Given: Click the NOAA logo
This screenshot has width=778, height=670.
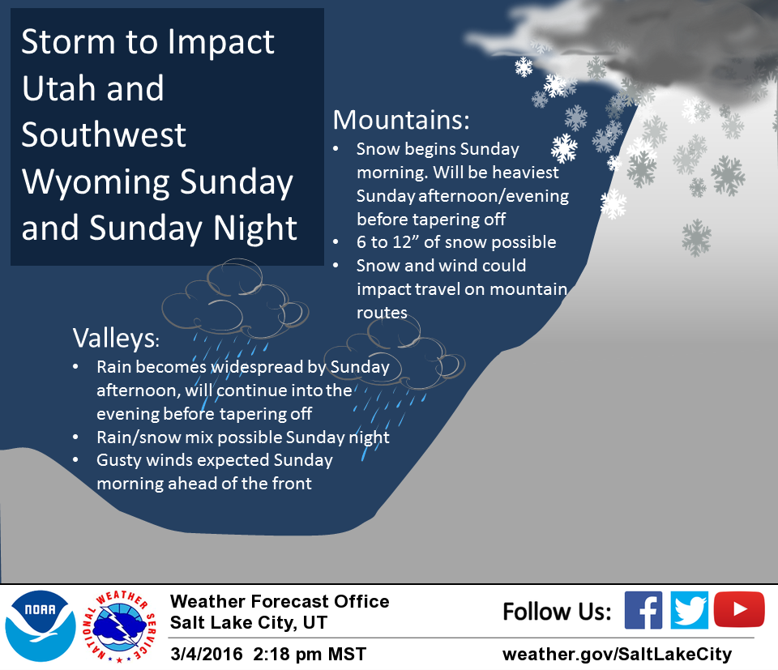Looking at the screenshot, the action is (41, 626).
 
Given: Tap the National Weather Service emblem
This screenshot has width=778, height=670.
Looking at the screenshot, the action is (119, 627).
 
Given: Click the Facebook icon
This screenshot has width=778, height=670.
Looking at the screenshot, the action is (643, 610).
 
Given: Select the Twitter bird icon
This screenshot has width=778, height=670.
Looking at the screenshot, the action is (689, 610).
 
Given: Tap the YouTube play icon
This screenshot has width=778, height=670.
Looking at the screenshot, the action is (739, 609).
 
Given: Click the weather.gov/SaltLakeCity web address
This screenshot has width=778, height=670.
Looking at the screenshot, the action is (617, 655).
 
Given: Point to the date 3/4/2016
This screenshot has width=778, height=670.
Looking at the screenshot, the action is (207, 654).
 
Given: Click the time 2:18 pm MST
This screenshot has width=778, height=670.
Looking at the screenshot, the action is (310, 654).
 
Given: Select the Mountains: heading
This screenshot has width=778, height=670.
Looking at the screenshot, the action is (401, 120).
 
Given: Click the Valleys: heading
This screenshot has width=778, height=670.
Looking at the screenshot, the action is (116, 339).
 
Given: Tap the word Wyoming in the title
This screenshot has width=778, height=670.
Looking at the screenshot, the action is (96, 182).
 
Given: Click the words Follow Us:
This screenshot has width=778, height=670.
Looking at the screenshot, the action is (557, 612).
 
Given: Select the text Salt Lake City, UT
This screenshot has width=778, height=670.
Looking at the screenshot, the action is (249, 623).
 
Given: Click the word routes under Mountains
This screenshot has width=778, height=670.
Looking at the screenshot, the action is (382, 313).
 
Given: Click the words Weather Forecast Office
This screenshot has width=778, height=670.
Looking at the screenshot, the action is (280, 602).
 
